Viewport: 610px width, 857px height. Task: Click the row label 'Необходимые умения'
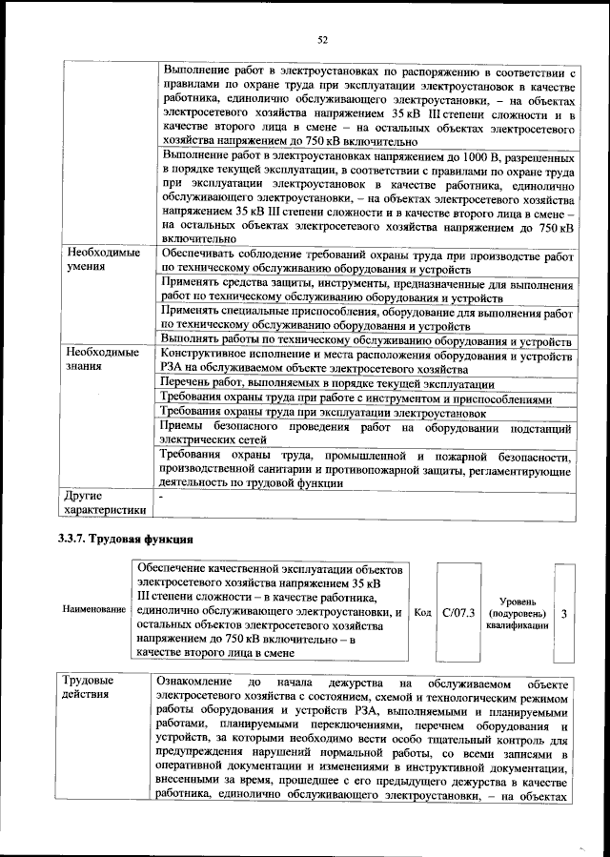pyautogui.click(x=103, y=261)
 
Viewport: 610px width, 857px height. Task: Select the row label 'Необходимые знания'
pyautogui.click(x=103, y=360)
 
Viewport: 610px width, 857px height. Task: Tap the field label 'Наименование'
pyautogui.click(x=94, y=608)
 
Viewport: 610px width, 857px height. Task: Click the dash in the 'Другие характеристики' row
pyautogui.click(x=163, y=497)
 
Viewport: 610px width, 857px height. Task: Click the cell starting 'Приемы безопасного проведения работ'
pyautogui.click(x=367, y=435)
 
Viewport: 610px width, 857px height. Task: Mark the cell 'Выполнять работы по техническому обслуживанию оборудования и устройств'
pyautogui.click(x=367, y=340)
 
